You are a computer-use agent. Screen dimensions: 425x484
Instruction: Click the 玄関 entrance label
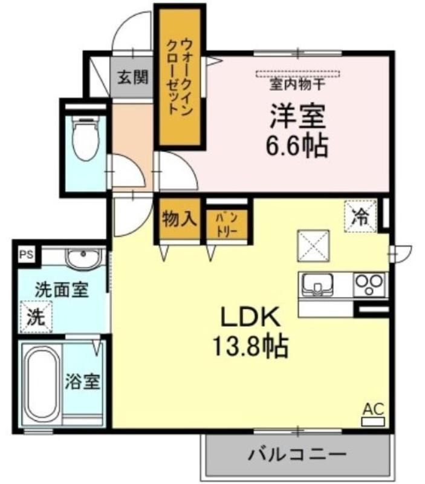click(x=133, y=77)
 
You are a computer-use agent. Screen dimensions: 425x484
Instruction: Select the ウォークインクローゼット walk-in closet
click(x=180, y=77)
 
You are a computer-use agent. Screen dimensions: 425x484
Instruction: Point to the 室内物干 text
click(x=297, y=84)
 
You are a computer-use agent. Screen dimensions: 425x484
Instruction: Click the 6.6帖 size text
click(x=297, y=145)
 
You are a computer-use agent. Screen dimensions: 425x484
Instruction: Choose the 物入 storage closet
click(x=180, y=219)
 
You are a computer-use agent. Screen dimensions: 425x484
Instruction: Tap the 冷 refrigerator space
click(x=360, y=216)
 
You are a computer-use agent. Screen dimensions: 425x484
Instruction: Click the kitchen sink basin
click(x=317, y=284)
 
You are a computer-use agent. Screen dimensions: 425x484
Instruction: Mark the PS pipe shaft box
click(x=26, y=255)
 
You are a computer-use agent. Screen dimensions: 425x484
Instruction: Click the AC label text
click(x=373, y=410)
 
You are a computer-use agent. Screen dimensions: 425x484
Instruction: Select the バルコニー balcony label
click(x=297, y=454)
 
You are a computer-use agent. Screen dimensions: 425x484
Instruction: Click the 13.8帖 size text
click(x=250, y=346)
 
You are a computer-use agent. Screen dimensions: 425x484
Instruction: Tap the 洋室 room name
click(x=297, y=117)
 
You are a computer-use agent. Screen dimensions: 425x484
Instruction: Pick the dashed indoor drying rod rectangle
click(x=298, y=74)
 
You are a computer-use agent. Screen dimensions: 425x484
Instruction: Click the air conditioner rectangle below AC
click(x=373, y=422)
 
